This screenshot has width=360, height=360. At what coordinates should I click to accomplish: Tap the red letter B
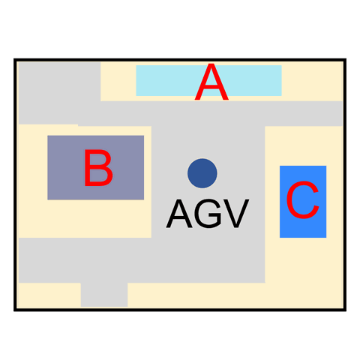click(x=98, y=168)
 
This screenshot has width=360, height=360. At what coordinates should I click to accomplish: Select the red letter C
click(x=303, y=199)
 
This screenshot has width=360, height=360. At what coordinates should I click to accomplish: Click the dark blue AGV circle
click(x=202, y=173)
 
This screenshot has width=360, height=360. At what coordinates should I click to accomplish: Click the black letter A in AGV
click(x=179, y=214)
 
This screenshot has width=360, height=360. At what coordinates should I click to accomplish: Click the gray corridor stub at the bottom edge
click(x=104, y=295)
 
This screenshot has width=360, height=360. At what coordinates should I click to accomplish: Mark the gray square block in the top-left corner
click(x=59, y=82)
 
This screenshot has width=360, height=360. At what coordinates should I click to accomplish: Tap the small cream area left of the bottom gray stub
click(x=49, y=295)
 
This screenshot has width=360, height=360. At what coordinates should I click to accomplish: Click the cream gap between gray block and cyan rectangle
click(x=118, y=82)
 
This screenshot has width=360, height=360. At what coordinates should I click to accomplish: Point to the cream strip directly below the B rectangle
click(x=85, y=219)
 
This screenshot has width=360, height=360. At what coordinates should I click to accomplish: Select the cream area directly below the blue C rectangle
click(x=303, y=260)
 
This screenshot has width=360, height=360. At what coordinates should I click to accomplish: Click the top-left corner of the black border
click(x=15, y=60)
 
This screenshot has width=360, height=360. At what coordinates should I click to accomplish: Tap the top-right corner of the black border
click(x=345, y=60)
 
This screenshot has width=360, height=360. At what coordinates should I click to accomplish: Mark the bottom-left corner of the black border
click(x=15, y=310)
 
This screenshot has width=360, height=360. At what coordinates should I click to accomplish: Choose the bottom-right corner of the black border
click(x=345, y=310)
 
